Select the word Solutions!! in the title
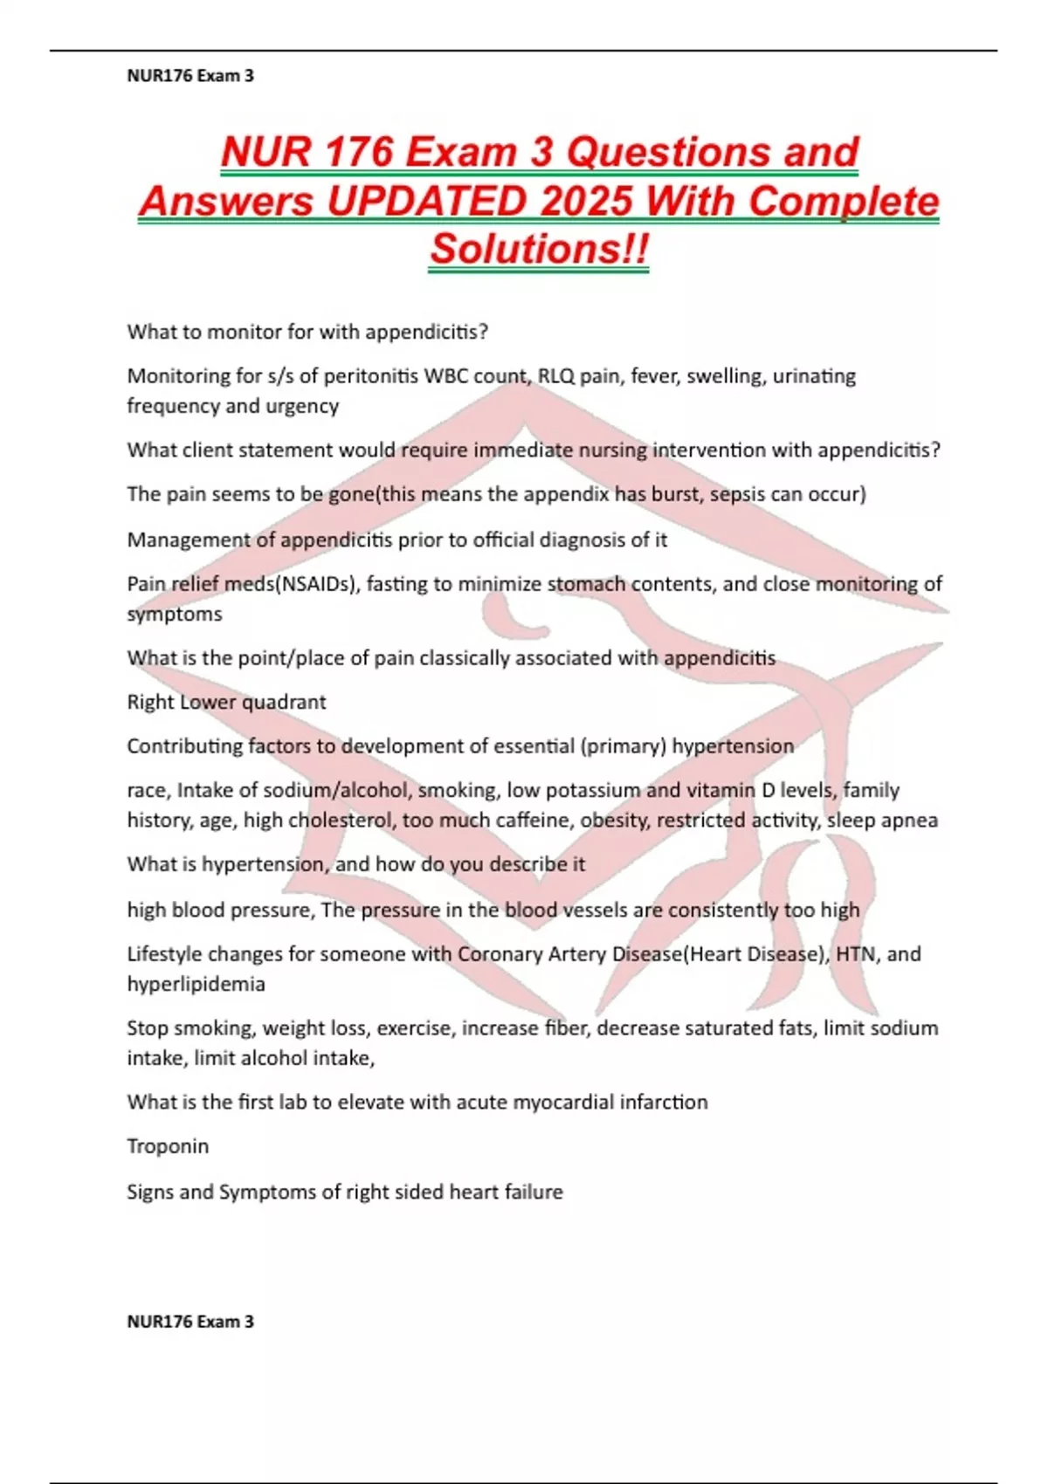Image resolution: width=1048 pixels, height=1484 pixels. tap(539, 250)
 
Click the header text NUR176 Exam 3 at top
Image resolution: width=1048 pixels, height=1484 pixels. tap(190, 76)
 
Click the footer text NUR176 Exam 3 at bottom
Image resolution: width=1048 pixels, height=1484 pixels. tap(190, 1322)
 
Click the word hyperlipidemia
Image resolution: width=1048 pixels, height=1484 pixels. tap(196, 985)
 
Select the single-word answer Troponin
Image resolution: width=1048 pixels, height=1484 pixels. tap(168, 1146)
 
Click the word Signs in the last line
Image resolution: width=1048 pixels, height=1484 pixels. tap(150, 1192)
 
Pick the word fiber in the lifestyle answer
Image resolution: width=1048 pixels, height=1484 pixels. tap(567, 1028)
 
